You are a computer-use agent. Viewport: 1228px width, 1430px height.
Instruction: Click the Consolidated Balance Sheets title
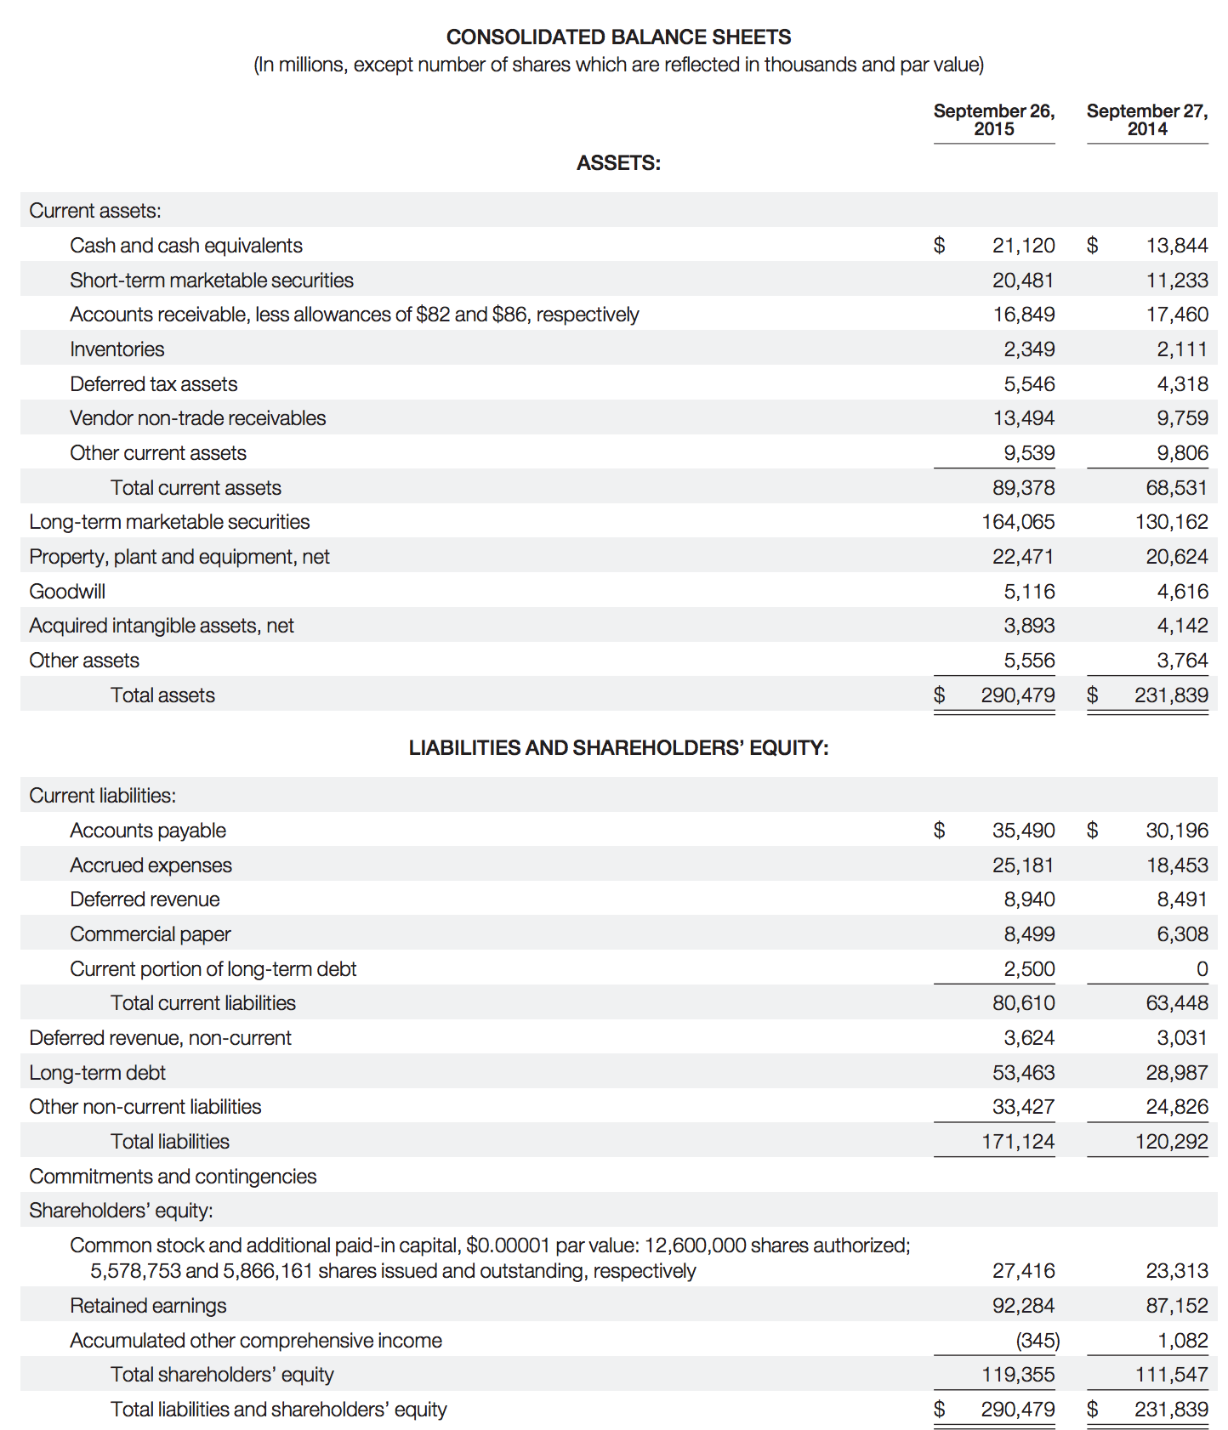tap(618, 37)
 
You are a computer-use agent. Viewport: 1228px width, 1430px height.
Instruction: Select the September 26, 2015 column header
tap(993, 120)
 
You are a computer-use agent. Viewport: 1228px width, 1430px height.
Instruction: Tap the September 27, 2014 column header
tap(1146, 120)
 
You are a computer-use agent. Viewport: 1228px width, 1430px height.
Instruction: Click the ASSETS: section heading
tap(618, 163)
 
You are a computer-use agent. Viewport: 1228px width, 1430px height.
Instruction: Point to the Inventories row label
tap(117, 349)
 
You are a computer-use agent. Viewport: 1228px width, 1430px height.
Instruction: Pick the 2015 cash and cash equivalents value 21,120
tap(1023, 246)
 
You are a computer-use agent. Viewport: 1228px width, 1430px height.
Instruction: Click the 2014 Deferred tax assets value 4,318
tap(1182, 384)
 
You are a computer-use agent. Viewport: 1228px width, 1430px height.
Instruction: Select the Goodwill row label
tap(67, 592)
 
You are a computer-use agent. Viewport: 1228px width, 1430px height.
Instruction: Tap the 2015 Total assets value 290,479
tap(1017, 695)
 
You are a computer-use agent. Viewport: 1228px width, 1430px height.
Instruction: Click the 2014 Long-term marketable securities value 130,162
tap(1171, 522)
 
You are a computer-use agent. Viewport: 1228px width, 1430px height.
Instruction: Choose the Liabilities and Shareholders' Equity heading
tap(618, 748)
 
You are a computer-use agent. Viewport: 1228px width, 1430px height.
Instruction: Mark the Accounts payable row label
tap(148, 831)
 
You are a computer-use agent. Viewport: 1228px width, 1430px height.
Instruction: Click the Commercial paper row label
tap(151, 934)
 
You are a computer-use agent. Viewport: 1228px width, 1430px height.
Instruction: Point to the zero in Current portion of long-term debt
tap(1202, 969)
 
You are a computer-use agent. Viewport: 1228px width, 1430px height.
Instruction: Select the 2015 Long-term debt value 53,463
tap(1023, 1073)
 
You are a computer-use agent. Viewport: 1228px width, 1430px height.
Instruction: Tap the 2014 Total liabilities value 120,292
tap(1171, 1142)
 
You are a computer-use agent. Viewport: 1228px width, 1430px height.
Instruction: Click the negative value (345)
tap(1038, 1341)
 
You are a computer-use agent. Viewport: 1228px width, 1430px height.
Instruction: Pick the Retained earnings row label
tap(148, 1306)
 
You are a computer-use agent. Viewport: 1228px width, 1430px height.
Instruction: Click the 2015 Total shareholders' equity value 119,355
tap(1017, 1375)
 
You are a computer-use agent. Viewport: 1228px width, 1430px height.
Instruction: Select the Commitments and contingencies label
tap(173, 1177)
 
